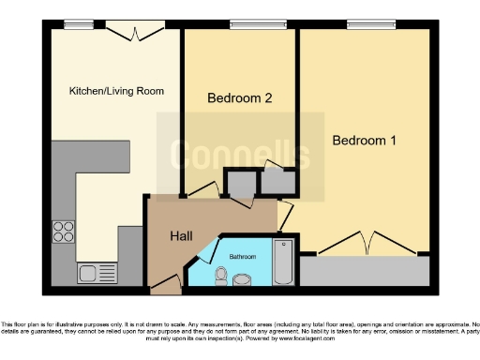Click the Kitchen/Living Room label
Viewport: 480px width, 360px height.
point(116,91)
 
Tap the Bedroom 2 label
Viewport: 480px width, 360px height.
point(239,97)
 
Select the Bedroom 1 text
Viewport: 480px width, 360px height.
point(365,141)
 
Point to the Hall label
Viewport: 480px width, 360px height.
point(181,236)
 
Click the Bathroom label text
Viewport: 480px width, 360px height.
point(242,255)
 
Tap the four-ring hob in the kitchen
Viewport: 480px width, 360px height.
point(64,231)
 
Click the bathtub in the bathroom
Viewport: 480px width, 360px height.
point(282,262)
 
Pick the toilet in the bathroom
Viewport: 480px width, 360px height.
point(221,275)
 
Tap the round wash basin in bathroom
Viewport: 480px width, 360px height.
point(243,279)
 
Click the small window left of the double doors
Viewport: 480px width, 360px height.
point(71,25)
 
